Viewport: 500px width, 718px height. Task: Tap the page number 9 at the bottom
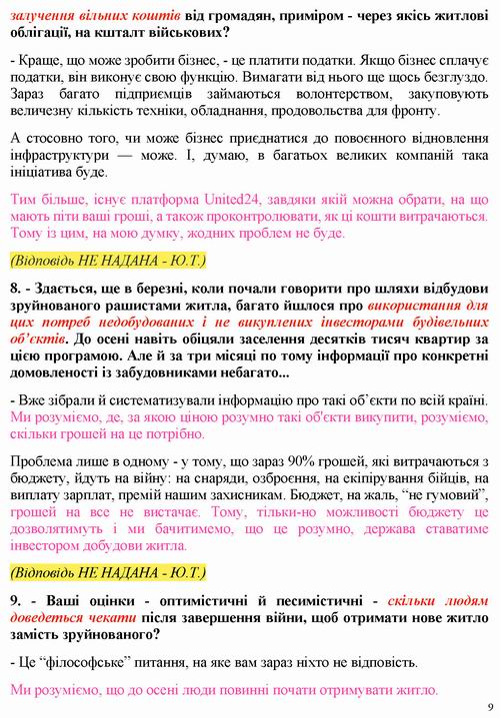(488, 703)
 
